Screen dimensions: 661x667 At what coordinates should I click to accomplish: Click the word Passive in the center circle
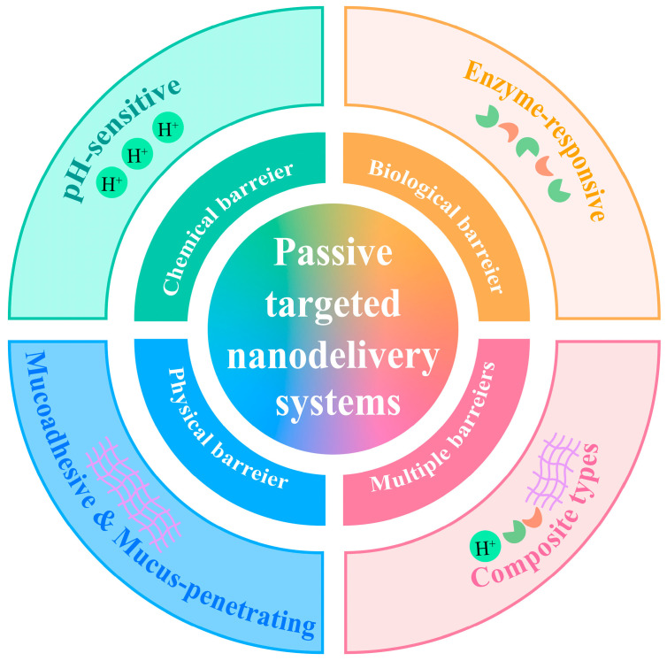[333, 254]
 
